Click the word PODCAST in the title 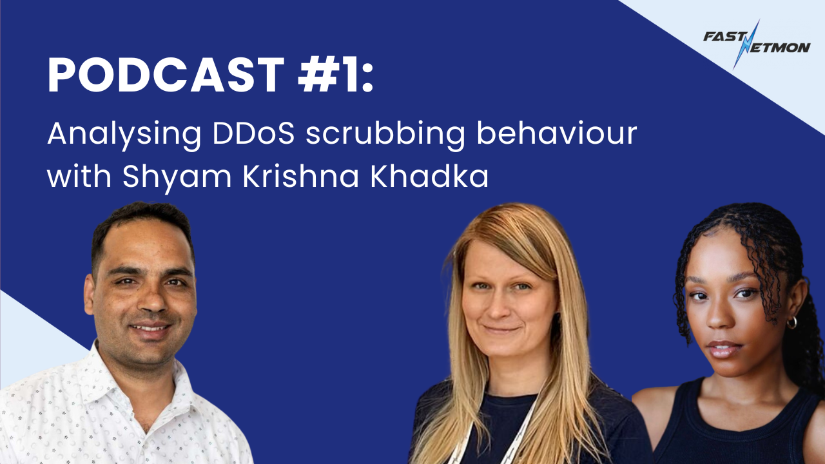[166, 75]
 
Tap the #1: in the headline [336, 75]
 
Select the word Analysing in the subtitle [124, 135]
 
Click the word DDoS [254, 133]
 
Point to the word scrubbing [385, 134]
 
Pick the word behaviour [557, 133]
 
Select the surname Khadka [429, 176]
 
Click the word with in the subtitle [79, 176]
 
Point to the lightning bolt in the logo [746, 44]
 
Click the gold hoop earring [791, 323]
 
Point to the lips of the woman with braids [724, 349]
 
